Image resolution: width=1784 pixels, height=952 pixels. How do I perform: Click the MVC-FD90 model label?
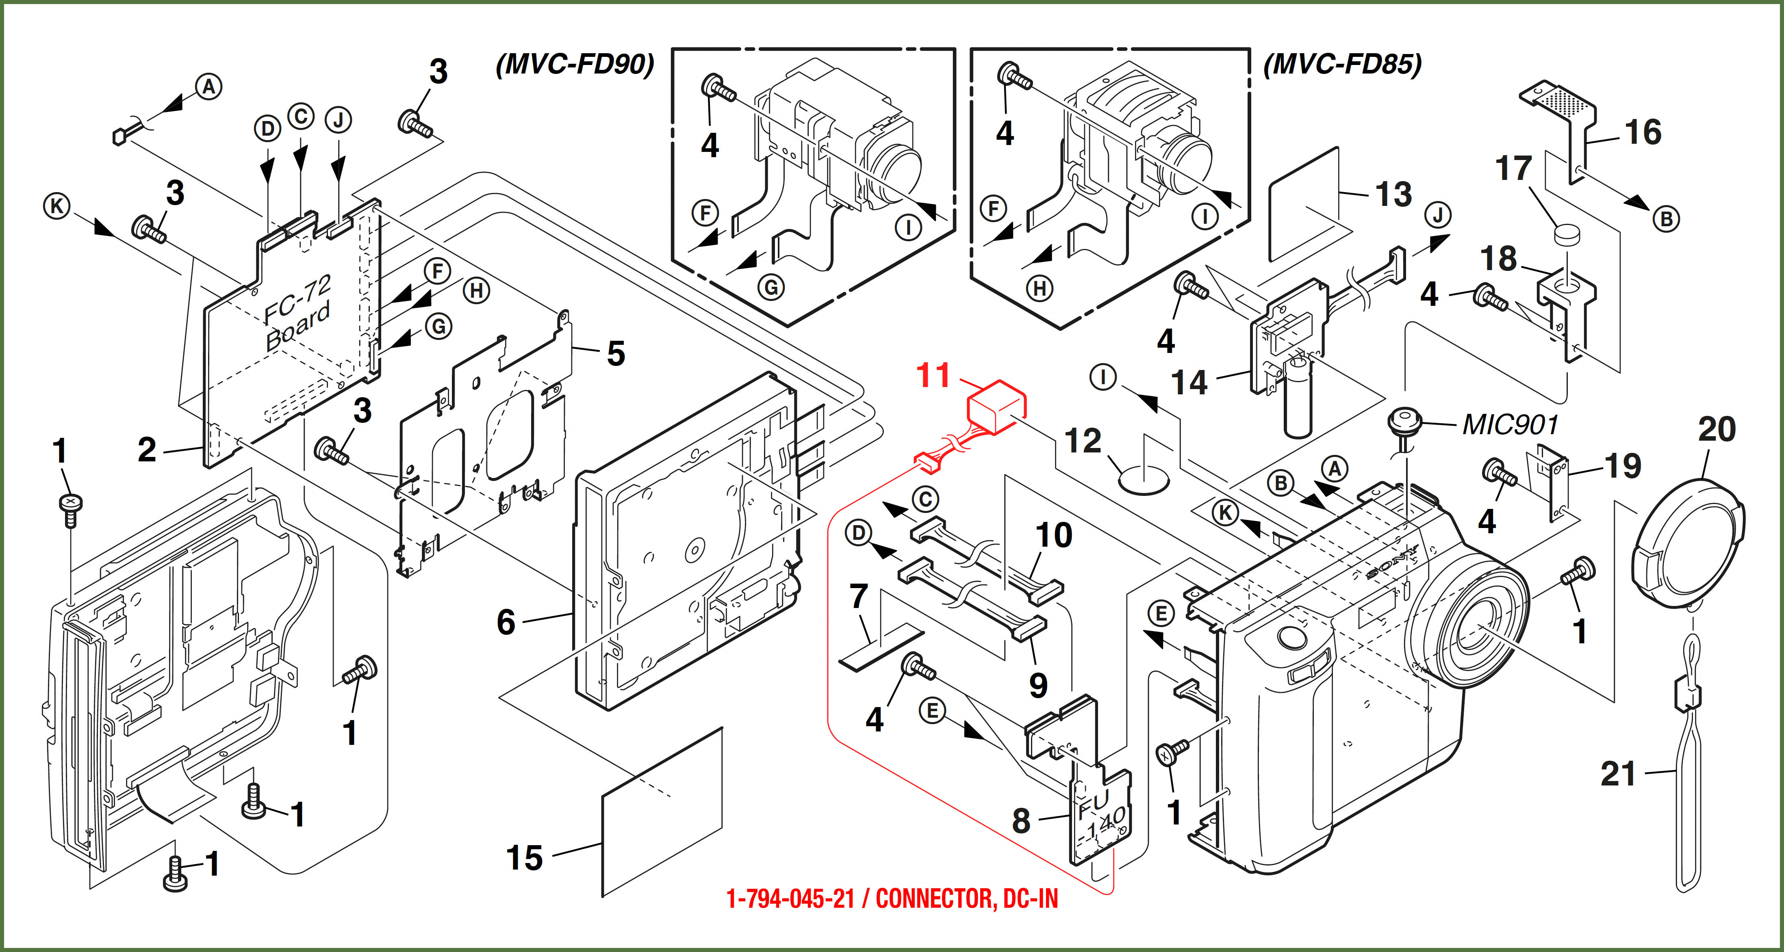click(x=575, y=65)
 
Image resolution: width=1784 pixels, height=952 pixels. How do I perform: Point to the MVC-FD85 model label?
click(x=1342, y=65)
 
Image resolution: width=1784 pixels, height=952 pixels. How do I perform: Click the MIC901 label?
click(x=1510, y=424)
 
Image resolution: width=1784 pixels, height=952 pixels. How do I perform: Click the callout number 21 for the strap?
click(x=1618, y=773)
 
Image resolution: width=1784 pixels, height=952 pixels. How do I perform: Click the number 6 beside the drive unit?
click(x=506, y=622)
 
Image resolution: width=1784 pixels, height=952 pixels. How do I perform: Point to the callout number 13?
click(x=1393, y=194)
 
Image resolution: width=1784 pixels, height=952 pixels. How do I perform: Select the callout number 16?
click(x=1643, y=132)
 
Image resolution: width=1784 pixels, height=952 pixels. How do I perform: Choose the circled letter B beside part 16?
click(x=1666, y=219)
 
